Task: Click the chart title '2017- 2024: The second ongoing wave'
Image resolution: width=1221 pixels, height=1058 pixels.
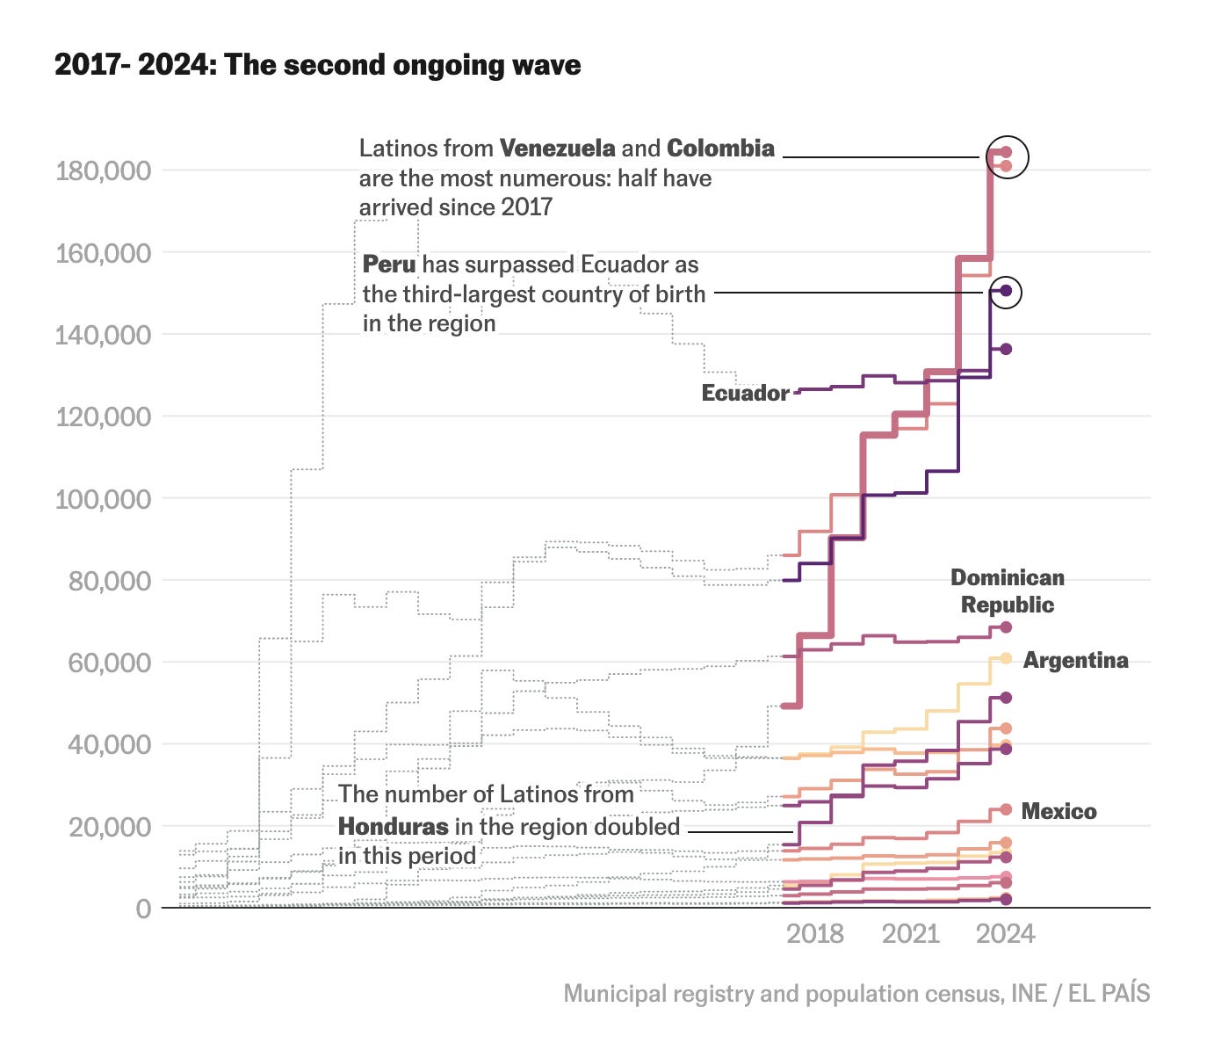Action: (317, 66)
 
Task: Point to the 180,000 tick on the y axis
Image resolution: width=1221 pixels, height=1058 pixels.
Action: (103, 170)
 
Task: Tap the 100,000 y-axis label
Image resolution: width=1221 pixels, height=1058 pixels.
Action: (103, 499)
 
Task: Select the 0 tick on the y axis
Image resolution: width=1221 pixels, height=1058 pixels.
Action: (143, 909)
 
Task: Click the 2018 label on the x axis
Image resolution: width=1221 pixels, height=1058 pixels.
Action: (814, 933)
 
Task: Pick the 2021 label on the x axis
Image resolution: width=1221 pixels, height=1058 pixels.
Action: (910, 933)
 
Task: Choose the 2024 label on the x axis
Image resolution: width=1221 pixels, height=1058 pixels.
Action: (1005, 933)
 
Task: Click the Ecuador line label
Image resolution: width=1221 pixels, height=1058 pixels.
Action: (745, 393)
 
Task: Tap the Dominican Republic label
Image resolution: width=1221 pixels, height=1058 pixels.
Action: (1008, 591)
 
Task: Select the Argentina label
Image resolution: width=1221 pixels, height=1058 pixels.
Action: (1075, 660)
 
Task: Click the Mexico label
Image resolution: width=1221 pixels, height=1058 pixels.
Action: (1058, 811)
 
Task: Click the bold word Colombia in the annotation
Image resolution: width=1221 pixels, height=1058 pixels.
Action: (720, 149)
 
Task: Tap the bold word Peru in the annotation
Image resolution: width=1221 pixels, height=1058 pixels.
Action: (388, 264)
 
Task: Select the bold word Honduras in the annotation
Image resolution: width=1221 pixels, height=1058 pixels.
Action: (393, 827)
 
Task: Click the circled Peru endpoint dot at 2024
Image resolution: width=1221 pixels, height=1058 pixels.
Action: (1006, 291)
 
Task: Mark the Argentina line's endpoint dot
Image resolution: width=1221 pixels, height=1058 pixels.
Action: (1006, 659)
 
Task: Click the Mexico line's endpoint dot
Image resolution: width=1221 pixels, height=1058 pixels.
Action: (1006, 809)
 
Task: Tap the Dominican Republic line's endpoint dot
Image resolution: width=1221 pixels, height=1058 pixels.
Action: (1006, 627)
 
